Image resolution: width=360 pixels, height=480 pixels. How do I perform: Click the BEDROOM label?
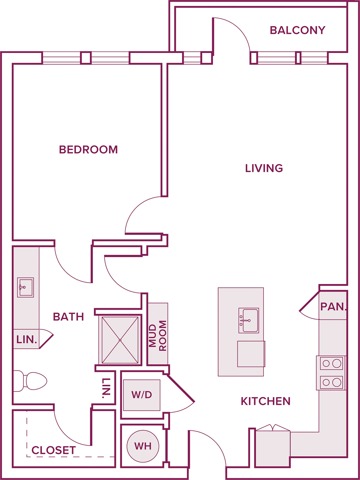(x=88, y=150)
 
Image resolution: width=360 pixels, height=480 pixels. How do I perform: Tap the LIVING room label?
(x=264, y=168)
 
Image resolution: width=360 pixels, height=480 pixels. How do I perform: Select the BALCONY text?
(x=297, y=31)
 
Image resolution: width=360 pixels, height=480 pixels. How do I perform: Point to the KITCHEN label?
(x=265, y=401)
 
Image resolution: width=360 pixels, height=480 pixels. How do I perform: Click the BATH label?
(x=68, y=316)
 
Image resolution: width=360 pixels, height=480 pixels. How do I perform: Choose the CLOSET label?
(x=53, y=450)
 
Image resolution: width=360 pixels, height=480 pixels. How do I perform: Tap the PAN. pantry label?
(x=333, y=308)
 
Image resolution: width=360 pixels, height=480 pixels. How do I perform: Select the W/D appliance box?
(x=142, y=395)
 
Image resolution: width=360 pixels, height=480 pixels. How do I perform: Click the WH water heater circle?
(x=142, y=446)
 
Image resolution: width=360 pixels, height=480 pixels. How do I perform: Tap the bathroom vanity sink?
(x=25, y=288)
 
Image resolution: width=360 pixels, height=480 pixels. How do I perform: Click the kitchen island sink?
(x=247, y=321)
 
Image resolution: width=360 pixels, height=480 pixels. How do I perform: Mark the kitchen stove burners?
(x=332, y=372)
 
